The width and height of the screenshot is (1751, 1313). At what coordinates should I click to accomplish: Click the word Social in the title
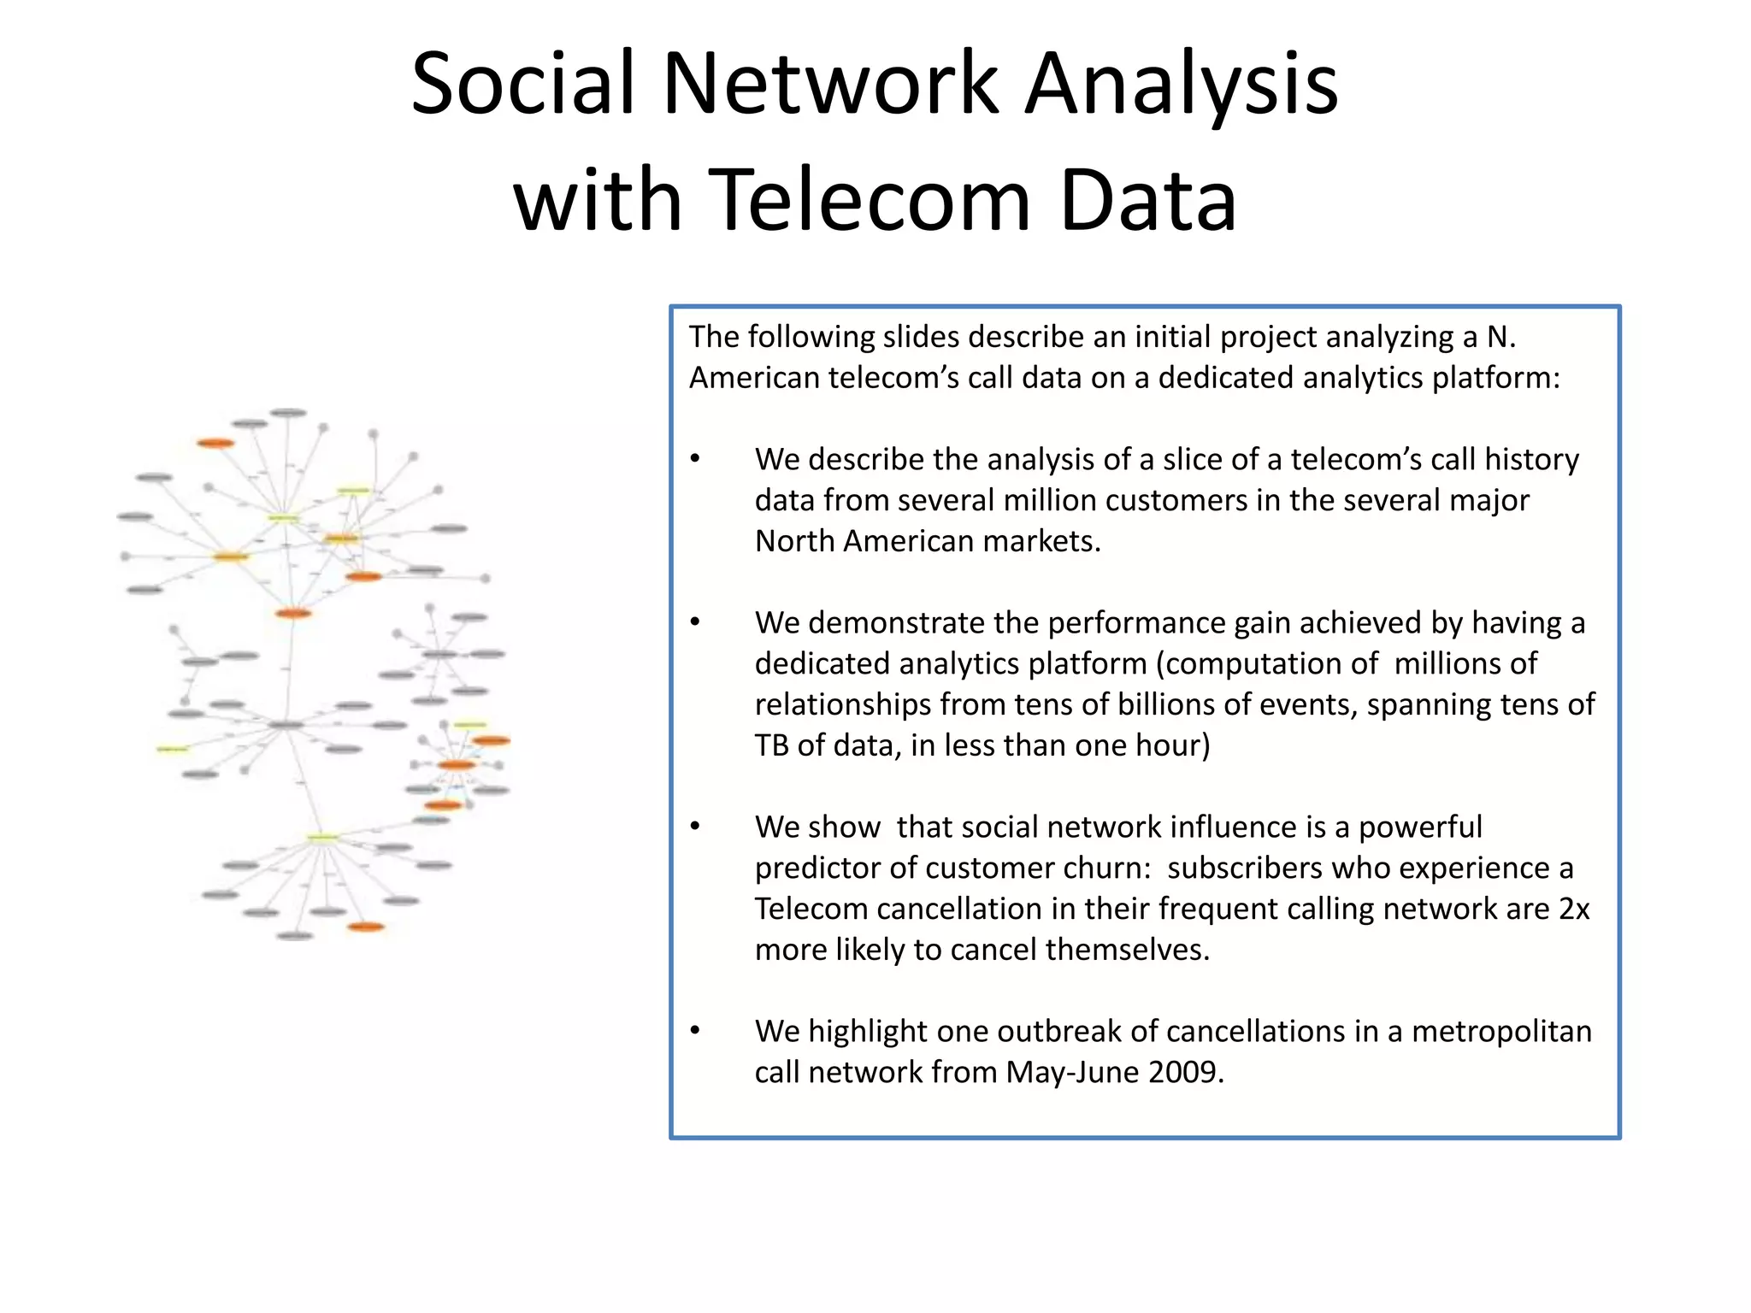pos(522,84)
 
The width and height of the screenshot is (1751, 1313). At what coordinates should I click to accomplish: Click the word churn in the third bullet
pos(1107,868)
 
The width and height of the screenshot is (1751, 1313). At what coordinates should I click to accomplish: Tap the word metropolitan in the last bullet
pos(1501,1032)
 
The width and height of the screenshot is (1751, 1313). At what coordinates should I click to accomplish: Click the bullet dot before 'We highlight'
pos(696,1031)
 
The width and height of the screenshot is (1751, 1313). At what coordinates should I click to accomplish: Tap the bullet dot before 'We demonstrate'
pos(696,622)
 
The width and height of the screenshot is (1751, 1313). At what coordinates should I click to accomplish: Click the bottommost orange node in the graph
pos(366,927)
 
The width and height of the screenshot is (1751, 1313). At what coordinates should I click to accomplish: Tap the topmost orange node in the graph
pos(215,443)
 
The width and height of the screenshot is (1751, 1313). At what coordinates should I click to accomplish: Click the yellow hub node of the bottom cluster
pos(322,837)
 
